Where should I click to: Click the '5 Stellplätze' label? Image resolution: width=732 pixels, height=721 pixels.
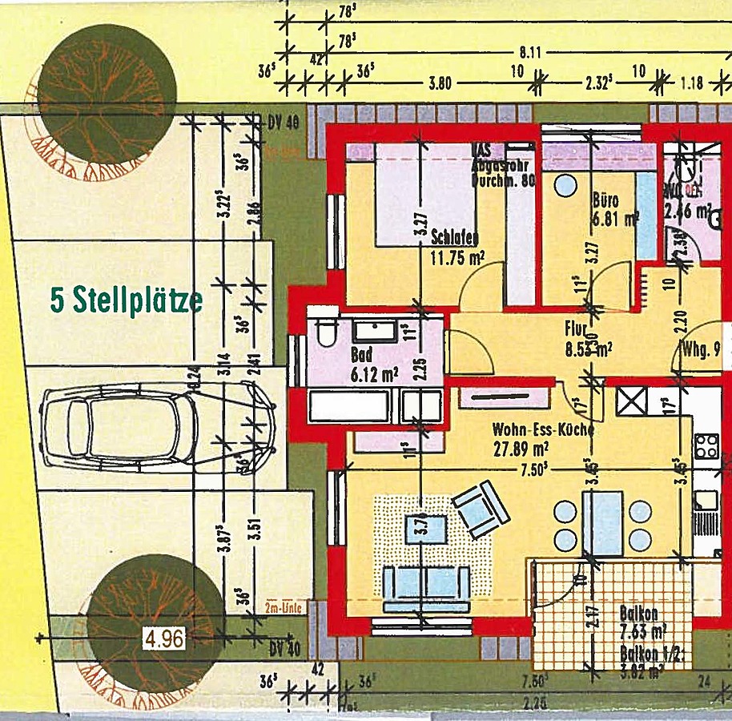pos(127,300)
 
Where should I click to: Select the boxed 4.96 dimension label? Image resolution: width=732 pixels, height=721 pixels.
pos(164,638)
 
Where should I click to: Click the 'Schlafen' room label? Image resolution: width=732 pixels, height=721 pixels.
pos(454,237)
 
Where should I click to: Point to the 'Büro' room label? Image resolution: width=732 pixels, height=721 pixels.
pos(606,199)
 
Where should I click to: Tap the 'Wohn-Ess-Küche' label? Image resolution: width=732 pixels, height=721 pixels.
pos(543,429)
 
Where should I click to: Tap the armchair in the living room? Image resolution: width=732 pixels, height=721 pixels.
pos(481,509)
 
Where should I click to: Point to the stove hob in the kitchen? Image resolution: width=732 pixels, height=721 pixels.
pos(706,445)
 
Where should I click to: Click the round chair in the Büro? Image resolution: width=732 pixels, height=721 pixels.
pos(565,185)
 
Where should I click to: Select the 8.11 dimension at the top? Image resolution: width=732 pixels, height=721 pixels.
pos(530,54)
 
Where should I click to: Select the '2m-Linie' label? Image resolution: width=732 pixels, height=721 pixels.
pos(282,608)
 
